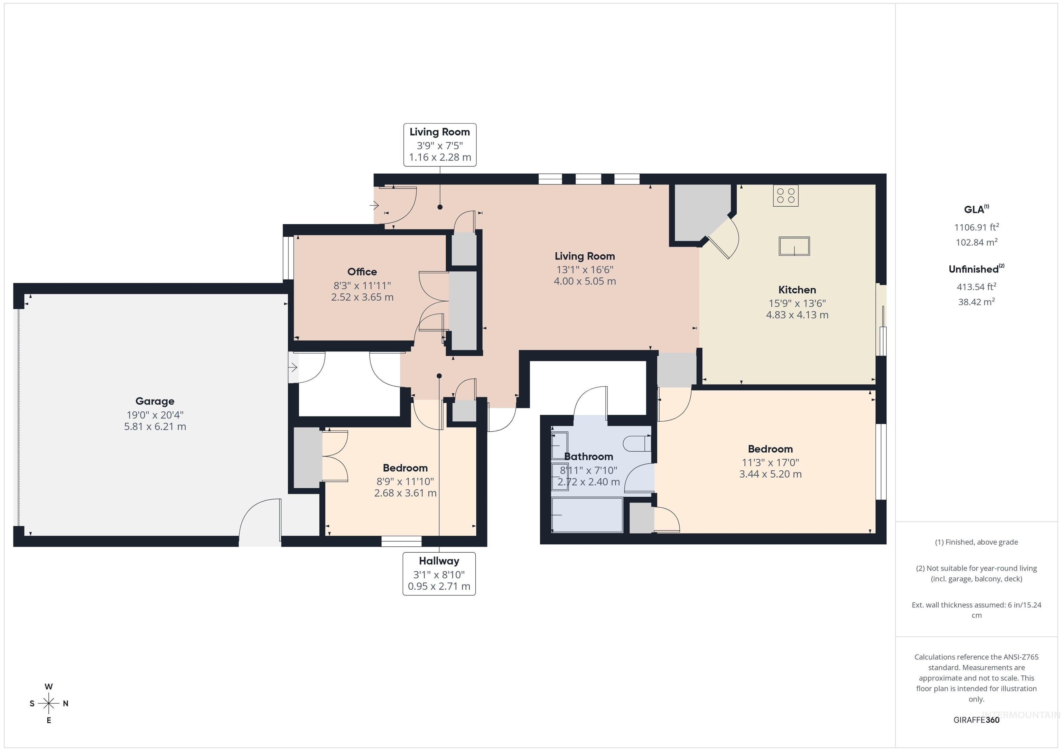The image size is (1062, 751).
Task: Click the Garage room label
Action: point(155,401)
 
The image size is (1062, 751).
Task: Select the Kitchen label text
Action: point(797,290)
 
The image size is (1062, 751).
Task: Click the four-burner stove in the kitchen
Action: point(785,196)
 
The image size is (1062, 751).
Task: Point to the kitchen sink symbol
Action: point(794,246)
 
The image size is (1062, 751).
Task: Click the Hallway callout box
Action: point(439,573)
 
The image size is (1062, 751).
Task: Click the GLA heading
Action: point(976,209)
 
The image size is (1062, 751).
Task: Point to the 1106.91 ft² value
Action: point(976,227)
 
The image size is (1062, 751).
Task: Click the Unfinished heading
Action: point(976,269)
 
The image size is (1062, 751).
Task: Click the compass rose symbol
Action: point(48,703)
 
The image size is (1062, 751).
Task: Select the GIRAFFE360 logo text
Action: point(976,720)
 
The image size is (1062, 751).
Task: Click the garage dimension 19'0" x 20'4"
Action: point(155,415)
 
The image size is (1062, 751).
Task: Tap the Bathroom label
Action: point(589,457)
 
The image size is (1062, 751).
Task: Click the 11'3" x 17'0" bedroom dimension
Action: point(770,462)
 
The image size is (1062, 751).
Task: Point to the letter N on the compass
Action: point(66,703)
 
